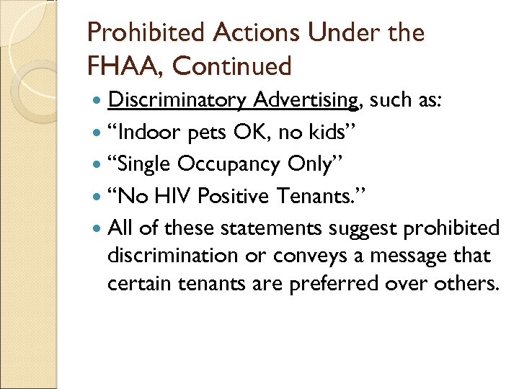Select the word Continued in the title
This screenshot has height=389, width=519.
(x=233, y=66)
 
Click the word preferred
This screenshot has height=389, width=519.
(x=329, y=282)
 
